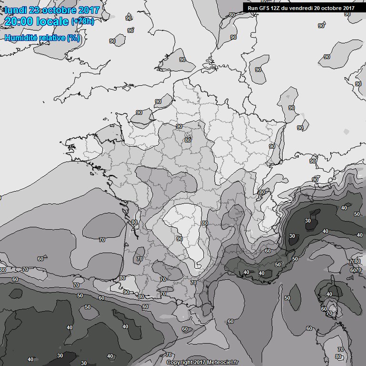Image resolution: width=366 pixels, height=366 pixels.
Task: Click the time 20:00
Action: pos(19,22)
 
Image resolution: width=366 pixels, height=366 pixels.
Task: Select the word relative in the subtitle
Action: pos(53,38)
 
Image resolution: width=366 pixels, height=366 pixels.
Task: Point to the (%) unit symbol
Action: pos(73,38)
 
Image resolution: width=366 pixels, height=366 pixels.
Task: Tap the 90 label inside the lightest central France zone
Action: pos(180,239)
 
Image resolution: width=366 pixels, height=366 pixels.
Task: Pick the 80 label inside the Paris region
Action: pos(188,140)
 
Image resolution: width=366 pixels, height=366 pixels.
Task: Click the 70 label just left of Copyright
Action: pos(168,355)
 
